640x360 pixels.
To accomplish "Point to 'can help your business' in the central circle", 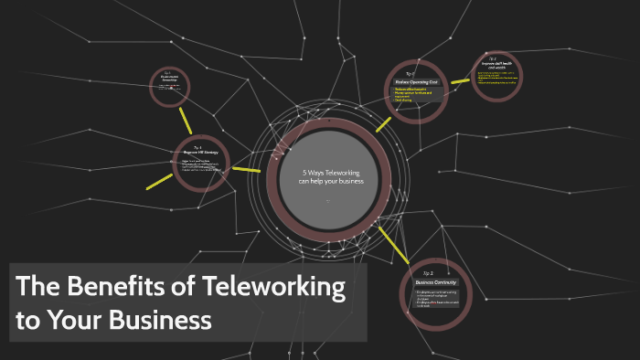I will pos(331,181).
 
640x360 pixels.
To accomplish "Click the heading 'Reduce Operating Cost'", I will pos(415,81).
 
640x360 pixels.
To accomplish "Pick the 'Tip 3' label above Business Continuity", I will pos(428,272).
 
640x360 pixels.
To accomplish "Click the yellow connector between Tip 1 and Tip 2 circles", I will pos(460,81).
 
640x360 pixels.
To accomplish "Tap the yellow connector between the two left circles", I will pos(187,121).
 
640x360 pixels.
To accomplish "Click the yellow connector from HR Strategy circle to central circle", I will pos(247,169).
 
